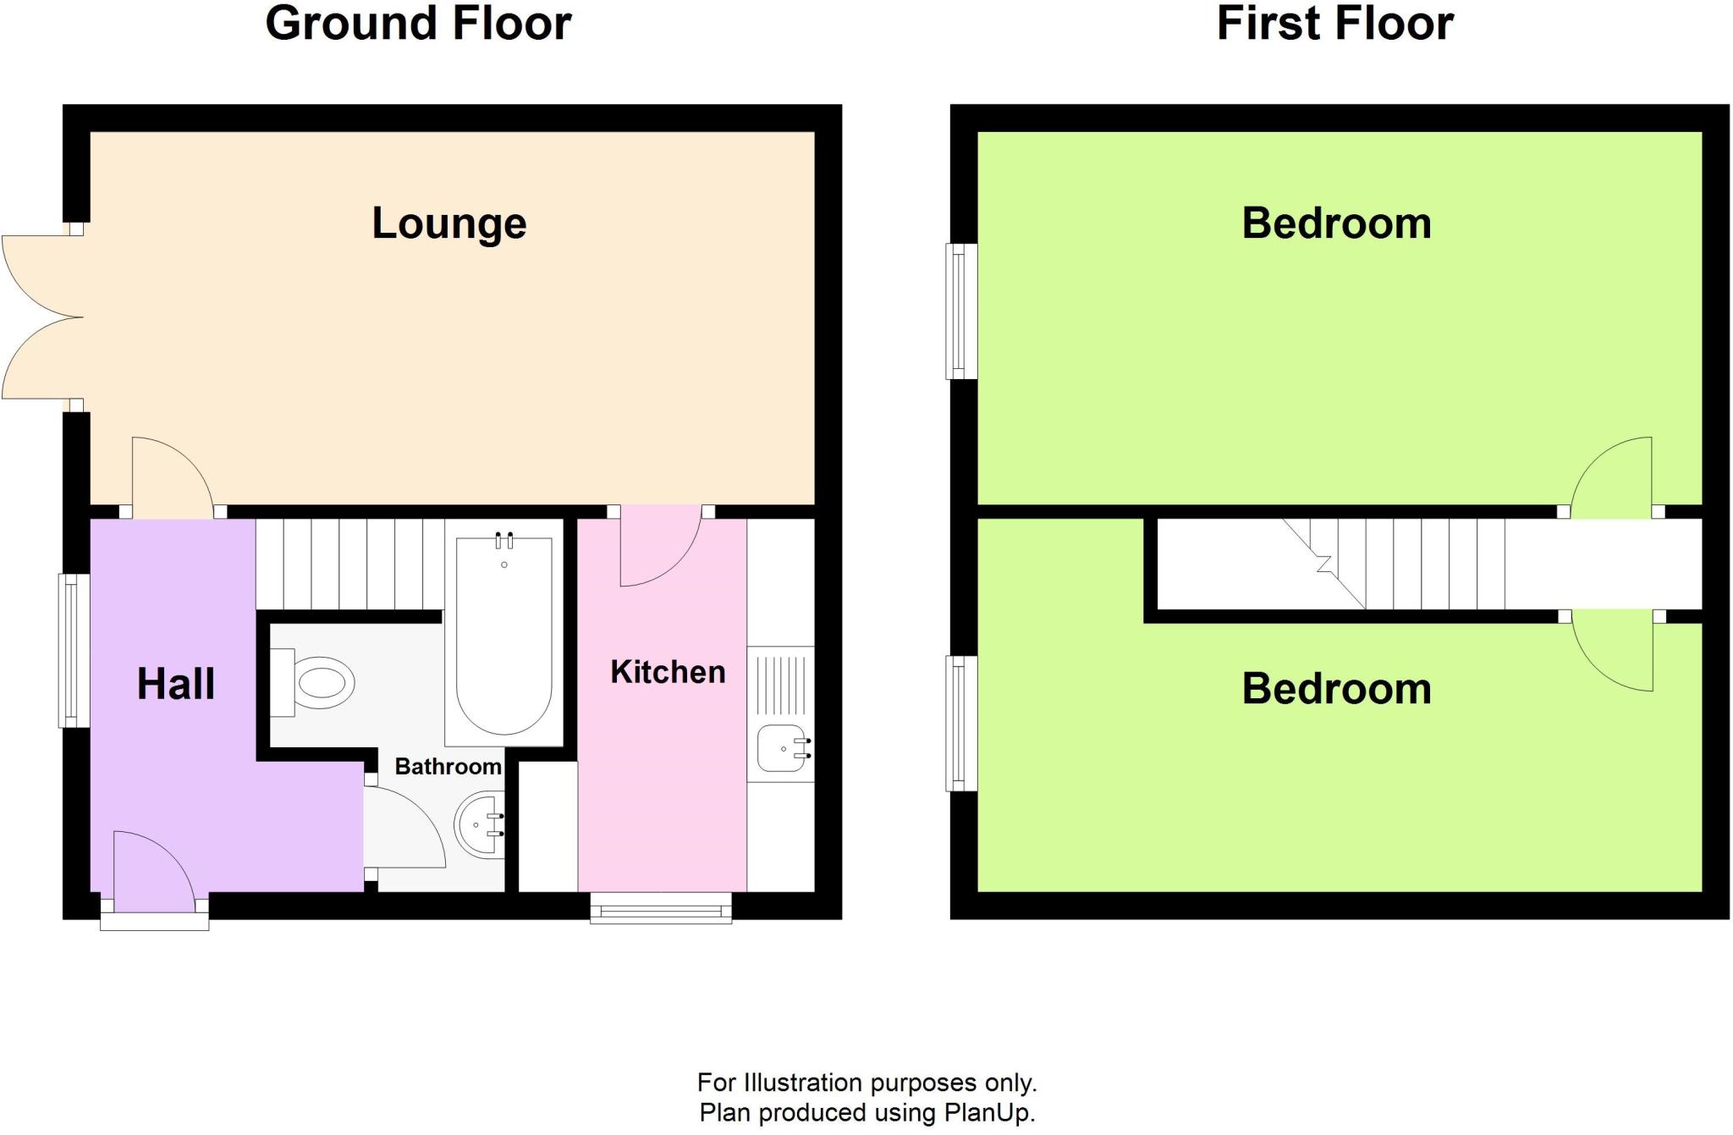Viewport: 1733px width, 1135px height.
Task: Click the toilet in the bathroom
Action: tap(317, 682)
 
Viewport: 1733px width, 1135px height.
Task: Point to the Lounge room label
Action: tap(449, 223)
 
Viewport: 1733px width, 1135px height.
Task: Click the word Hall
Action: tap(176, 684)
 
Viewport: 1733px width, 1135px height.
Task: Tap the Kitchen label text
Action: tap(668, 672)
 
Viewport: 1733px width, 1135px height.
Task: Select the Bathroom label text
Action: tap(448, 767)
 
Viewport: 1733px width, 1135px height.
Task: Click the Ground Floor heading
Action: tap(418, 23)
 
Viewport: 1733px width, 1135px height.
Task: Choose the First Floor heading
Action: tap(1334, 23)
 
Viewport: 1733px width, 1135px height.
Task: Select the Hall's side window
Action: tap(74, 650)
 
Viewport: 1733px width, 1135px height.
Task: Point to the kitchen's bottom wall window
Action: tap(661, 911)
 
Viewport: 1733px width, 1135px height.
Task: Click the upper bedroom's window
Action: tap(960, 311)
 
